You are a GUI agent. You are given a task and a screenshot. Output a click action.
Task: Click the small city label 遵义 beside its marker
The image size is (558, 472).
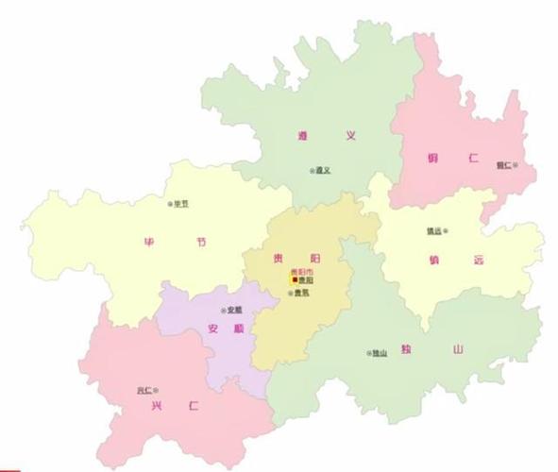[323, 170]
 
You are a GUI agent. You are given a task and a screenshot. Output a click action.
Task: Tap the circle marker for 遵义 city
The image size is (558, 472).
[311, 170]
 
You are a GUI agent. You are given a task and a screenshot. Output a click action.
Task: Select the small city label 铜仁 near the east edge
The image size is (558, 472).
[503, 164]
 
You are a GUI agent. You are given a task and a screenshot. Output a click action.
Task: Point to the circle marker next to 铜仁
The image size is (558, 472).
[516, 164]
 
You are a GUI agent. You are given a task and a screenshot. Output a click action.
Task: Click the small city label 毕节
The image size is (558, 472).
[181, 203]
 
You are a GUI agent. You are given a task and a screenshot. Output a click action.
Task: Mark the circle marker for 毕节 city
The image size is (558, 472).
[170, 203]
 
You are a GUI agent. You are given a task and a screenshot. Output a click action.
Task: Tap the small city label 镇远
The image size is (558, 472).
[433, 230]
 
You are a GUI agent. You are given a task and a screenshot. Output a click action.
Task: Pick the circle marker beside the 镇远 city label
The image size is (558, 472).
[446, 230]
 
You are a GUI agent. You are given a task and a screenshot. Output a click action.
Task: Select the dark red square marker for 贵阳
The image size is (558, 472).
[294, 280]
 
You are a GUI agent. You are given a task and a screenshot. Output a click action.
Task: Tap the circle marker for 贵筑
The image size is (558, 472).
[291, 293]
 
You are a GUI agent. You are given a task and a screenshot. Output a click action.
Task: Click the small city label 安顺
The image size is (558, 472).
[235, 310]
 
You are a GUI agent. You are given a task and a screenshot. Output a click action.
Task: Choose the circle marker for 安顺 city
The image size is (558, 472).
[224, 310]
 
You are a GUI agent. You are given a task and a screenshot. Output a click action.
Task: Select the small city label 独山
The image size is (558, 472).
[380, 354]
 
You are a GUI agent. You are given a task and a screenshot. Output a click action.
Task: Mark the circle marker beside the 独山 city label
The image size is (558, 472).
[368, 354]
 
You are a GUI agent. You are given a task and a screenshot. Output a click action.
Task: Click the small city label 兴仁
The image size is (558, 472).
[144, 389]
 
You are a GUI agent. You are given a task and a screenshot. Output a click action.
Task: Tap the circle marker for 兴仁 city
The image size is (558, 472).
[156, 389]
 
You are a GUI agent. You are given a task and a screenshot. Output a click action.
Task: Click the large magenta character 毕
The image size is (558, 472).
[148, 241]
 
